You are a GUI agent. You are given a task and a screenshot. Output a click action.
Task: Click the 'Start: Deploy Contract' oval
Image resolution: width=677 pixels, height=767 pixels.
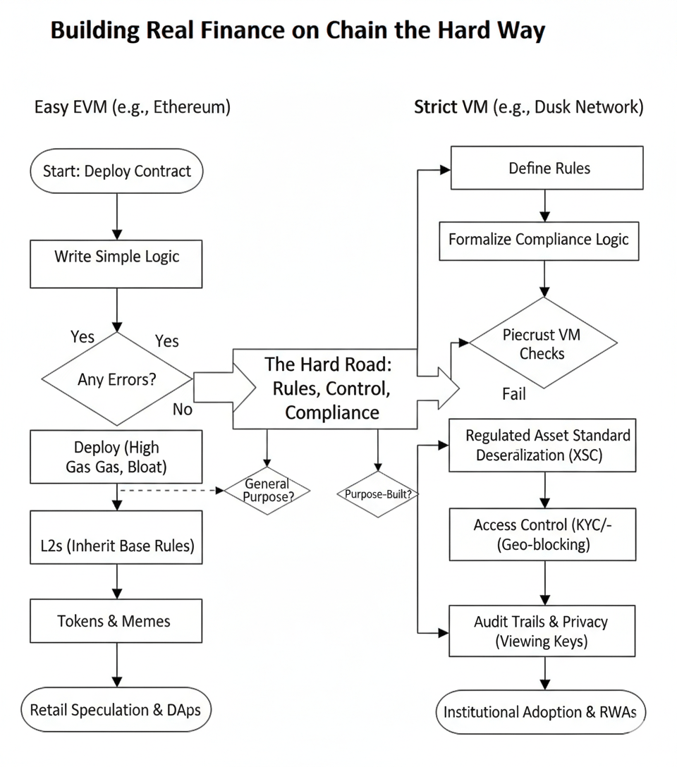pos(117,171)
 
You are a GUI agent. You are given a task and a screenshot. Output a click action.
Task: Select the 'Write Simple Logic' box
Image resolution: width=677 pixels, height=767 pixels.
pos(117,257)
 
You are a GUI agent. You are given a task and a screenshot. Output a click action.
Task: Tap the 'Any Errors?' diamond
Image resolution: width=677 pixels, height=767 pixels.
pos(117,379)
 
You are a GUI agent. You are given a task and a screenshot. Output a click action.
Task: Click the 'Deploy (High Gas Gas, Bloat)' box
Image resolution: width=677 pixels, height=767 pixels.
pos(117,457)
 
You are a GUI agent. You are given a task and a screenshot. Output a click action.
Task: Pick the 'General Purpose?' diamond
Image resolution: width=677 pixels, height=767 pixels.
pos(267,490)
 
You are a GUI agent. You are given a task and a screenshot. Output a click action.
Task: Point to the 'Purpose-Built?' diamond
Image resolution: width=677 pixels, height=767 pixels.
pos(378,494)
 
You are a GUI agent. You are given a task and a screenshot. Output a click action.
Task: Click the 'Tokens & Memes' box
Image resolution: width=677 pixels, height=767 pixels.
pos(117,621)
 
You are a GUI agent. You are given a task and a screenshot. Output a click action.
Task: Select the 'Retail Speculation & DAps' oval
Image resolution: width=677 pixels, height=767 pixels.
pos(116,710)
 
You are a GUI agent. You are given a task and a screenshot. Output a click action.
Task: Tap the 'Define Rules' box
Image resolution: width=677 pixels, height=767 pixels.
pos(547,168)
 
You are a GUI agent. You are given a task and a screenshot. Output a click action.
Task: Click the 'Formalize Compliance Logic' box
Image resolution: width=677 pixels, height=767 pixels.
pos(539,240)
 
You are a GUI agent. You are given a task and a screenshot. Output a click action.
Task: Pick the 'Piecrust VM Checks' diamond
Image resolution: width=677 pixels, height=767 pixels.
pos(542,343)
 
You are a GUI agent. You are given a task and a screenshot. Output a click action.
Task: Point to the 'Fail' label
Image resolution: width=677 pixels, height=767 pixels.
pos(514,394)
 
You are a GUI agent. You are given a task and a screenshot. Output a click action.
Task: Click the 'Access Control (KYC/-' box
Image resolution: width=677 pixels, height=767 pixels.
pos(544,535)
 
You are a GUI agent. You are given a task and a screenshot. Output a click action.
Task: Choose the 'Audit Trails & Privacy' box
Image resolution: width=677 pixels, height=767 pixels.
pos(542,631)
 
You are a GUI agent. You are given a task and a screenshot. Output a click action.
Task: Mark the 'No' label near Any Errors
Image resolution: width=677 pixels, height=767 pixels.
pos(182,409)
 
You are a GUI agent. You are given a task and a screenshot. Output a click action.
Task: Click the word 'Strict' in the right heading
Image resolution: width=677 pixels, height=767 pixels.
pos(435,107)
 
